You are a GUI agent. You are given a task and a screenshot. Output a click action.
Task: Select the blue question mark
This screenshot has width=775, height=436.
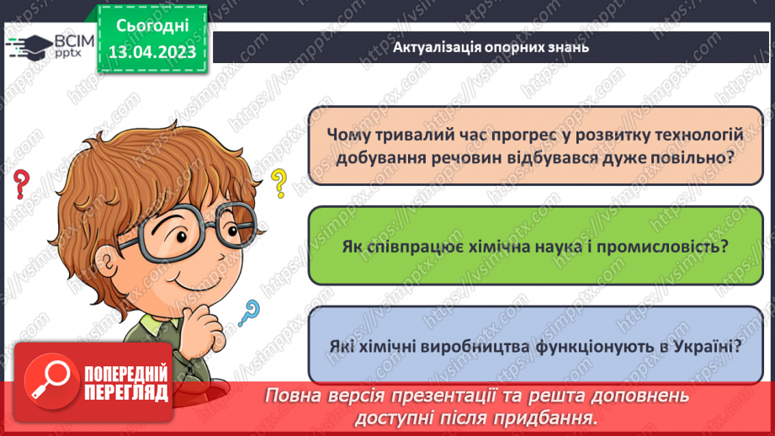click(248, 314)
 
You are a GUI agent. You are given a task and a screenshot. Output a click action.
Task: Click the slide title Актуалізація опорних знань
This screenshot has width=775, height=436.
click(490, 47)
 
